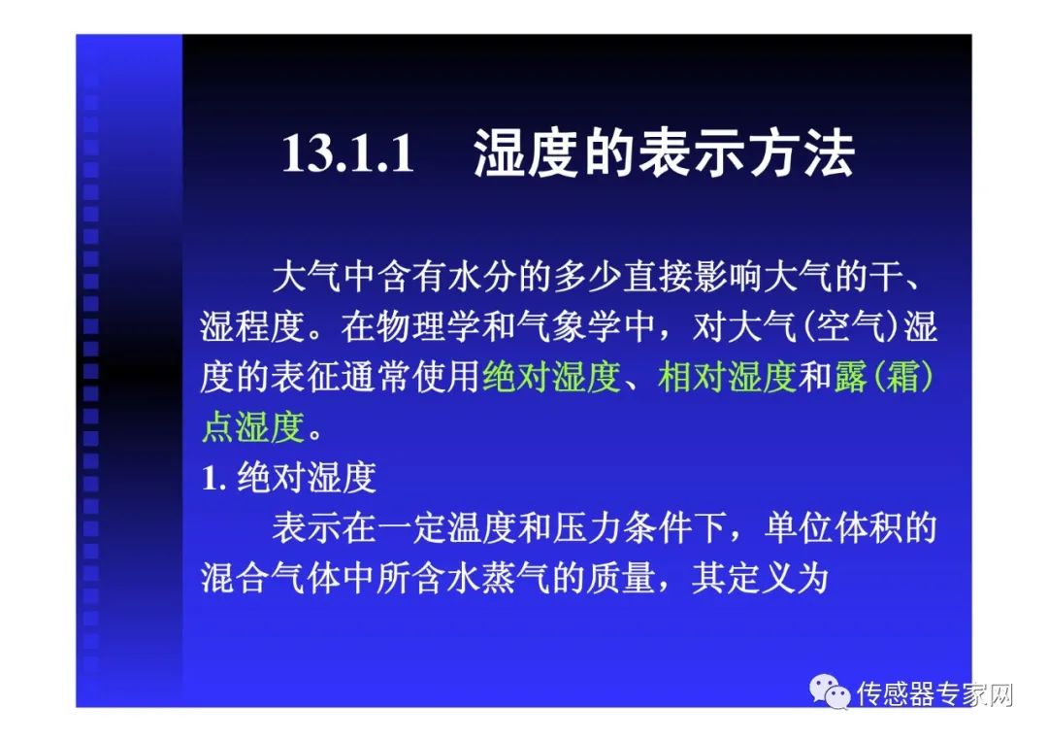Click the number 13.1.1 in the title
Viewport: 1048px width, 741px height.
pyautogui.click(x=348, y=153)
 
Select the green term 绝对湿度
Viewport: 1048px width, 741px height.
pyautogui.click(x=551, y=377)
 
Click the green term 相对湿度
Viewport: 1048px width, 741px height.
pyautogui.click(x=727, y=377)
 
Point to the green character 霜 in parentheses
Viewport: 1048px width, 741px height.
pyautogui.click(x=900, y=377)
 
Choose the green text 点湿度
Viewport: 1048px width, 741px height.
pyautogui.click(x=253, y=426)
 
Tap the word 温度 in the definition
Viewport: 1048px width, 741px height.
pyautogui.click(x=481, y=527)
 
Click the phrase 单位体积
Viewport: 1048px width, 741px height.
pyautogui.click(x=833, y=527)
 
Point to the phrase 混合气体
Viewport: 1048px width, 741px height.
pyautogui.click(x=270, y=578)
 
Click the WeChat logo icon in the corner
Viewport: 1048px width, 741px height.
pyautogui.click(x=830, y=690)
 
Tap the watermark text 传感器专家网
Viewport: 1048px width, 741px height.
pyautogui.click(x=935, y=694)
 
